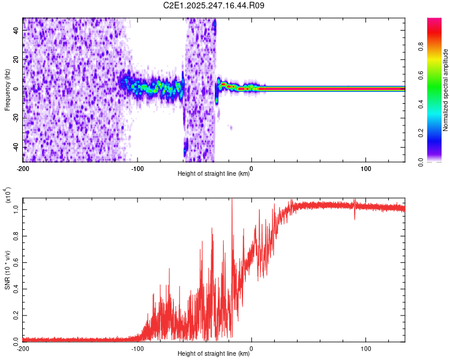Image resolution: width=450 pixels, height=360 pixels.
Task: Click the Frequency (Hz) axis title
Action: pyautogui.click(x=7, y=90)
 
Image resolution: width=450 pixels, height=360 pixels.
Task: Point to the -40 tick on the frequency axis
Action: pyautogui.click(x=16, y=148)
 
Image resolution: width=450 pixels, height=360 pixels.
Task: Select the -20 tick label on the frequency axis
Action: pyautogui.click(x=16, y=118)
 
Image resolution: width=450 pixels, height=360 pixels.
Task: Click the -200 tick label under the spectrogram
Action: pyautogui.click(x=23, y=168)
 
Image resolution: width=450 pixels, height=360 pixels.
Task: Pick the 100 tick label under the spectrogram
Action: pyautogui.click(x=366, y=168)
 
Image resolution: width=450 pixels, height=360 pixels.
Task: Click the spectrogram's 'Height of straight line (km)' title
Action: pyautogui.click(x=214, y=174)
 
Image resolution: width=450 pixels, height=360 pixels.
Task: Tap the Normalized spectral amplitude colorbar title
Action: pyautogui.click(x=446, y=90)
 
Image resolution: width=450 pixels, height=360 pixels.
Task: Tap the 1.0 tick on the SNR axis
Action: pyautogui.click(x=16, y=208)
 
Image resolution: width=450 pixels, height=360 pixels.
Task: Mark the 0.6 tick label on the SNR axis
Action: pyautogui.click(x=16, y=261)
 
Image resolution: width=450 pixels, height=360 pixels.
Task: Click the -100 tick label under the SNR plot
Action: pyautogui.click(x=137, y=347)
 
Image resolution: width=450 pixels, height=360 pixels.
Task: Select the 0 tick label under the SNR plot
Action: pyautogui.click(x=251, y=347)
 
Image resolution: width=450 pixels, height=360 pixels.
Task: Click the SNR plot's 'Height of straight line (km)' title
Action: pyautogui.click(x=214, y=354)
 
